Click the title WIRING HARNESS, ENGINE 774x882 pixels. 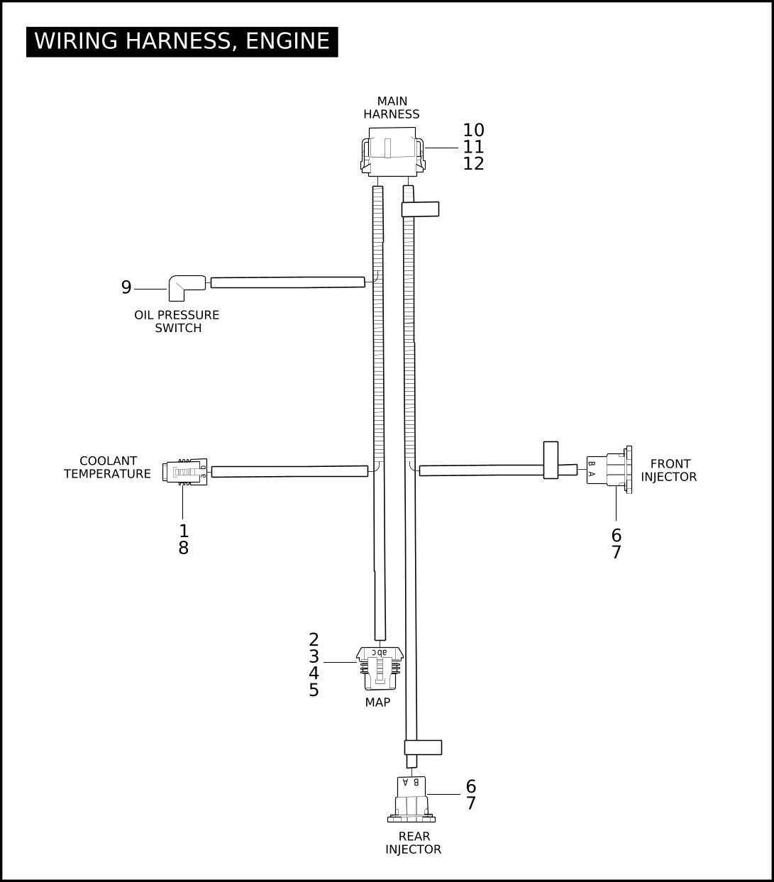tap(182, 42)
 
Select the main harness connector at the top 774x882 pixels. tap(392, 152)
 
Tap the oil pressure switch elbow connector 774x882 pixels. tap(187, 288)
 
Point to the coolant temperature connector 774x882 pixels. tap(184, 472)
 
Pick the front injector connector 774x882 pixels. tap(609, 470)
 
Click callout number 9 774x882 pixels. tap(126, 287)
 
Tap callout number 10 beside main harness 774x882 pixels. tap(473, 130)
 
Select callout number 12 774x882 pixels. tap(473, 164)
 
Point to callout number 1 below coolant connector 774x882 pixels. tap(184, 531)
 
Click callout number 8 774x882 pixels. tap(184, 549)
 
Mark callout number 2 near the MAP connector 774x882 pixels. tap(314, 640)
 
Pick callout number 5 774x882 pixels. tap(314, 690)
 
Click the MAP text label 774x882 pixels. tap(377, 702)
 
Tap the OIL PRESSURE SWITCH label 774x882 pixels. tap(177, 321)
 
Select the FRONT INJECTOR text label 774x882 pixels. tap(669, 470)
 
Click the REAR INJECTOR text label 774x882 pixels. tap(414, 843)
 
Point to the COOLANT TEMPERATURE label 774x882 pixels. tap(108, 467)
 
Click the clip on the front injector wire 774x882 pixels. tap(551, 460)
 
